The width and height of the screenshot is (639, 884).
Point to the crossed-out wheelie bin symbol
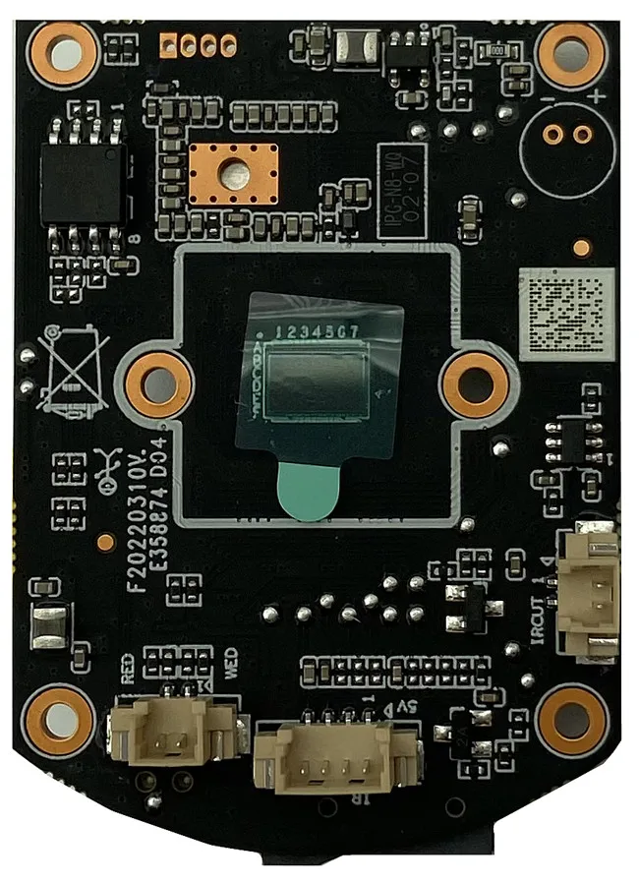[x=70, y=370]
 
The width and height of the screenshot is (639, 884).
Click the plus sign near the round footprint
[x=597, y=96]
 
